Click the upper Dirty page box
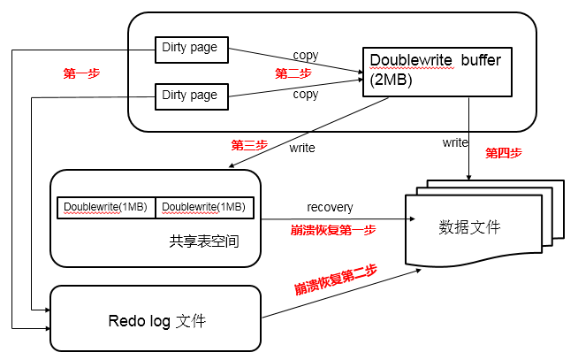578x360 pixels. tap(191, 49)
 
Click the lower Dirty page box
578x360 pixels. tap(191, 96)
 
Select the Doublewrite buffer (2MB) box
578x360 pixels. tap(437, 71)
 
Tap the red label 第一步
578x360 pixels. tap(81, 74)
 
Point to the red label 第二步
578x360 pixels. tap(293, 73)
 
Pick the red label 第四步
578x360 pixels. tap(504, 153)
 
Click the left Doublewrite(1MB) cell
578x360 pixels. tap(106, 207)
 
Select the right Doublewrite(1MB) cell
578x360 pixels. tap(205, 207)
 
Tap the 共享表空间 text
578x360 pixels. tap(203, 241)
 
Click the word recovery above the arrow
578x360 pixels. tap(330, 207)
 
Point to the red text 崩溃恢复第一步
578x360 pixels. tap(333, 230)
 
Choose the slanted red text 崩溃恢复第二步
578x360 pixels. tap(336, 280)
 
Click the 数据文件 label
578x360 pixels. tap(469, 227)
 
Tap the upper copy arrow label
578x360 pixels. tap(305, 56)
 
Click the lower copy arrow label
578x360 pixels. tap(305, 94)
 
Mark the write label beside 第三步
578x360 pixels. tap(301, 148)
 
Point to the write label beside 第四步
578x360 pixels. tap(455, 142)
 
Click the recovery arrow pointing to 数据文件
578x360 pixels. tap(354, 218)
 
